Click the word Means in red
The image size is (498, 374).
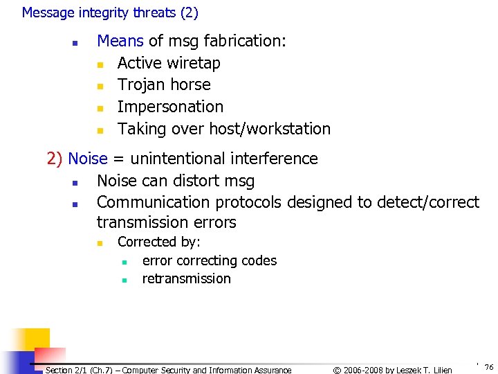pyautogui.click(x=121, y=41)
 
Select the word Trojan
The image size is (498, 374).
pyautogui.click(x=141, y=84)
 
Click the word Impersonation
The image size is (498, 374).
pyautogui.click(x=170, y=107)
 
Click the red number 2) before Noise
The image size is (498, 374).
pyautogui.click(x=55, y=159)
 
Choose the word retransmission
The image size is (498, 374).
pyautogui.click(x=186, y=278)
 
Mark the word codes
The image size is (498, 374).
pyautogui.click(x=260, y=260)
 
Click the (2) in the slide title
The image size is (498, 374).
pyautogui.click(x=188, y=12)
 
